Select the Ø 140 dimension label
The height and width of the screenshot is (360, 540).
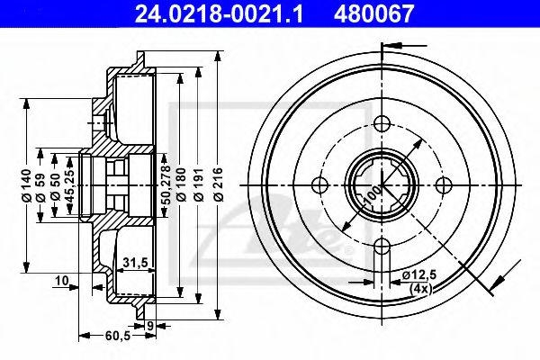[26, 186]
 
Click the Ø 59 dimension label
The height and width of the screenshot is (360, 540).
[41, 186]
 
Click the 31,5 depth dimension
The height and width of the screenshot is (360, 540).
[135, 262]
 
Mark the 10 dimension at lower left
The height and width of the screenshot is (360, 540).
[60, 281]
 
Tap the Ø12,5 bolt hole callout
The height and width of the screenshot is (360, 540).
[418, 274]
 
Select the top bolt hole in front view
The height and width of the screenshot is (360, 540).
[380, 123]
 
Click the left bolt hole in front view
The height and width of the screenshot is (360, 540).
[319, 185]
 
